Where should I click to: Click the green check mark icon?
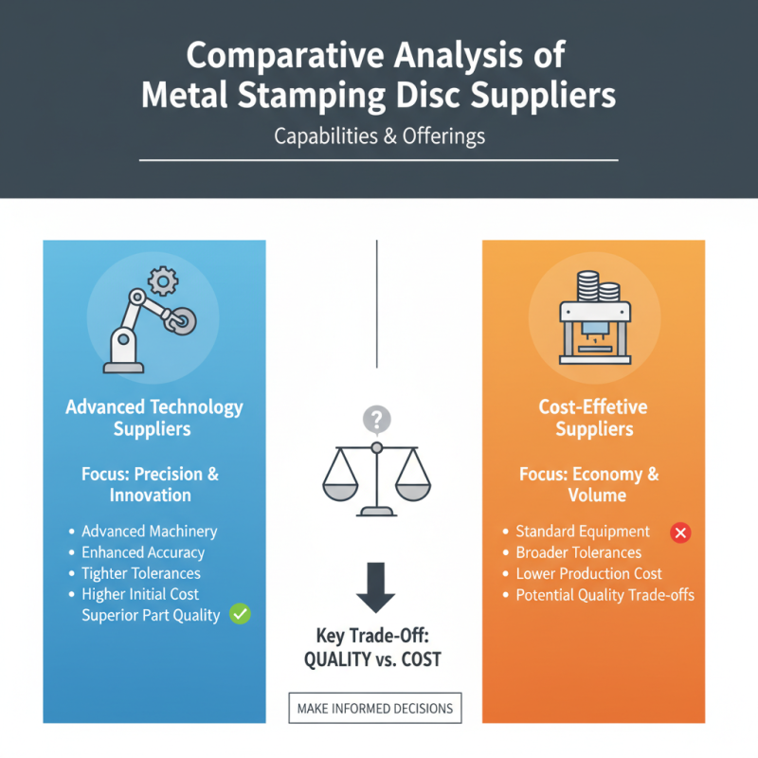241,614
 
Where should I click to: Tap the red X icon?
679,532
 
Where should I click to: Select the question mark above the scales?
376,419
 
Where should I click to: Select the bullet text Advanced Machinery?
149,532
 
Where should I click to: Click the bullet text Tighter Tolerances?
141,573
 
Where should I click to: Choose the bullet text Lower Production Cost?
588,574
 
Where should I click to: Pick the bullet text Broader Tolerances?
578,552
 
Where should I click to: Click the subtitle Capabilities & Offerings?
379,136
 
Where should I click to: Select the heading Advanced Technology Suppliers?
153,418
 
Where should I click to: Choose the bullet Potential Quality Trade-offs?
605,595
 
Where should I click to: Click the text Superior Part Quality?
151,615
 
